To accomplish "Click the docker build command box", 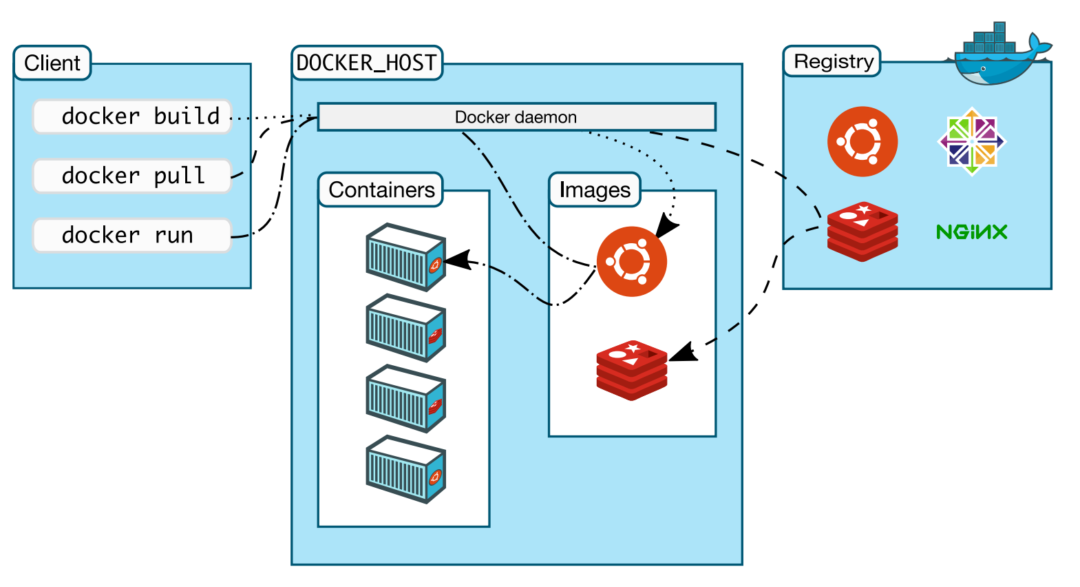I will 132,116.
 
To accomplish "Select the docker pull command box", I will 132,176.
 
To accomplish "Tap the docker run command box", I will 132,235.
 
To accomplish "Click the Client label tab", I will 52,63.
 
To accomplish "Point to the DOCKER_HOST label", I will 366,63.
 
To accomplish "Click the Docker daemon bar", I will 516,117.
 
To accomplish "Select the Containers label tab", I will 381,189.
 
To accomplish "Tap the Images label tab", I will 595,189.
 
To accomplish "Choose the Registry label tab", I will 833,61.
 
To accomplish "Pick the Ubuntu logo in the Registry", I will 862,141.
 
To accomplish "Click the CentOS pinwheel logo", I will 971,141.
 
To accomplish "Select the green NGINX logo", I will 971,231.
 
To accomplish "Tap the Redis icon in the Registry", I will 862,231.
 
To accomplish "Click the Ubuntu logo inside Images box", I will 631,262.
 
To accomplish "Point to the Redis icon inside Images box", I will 631,370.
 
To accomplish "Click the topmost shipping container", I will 405,256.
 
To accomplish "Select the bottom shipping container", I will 405,468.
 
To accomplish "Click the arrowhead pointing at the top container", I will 458,260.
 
